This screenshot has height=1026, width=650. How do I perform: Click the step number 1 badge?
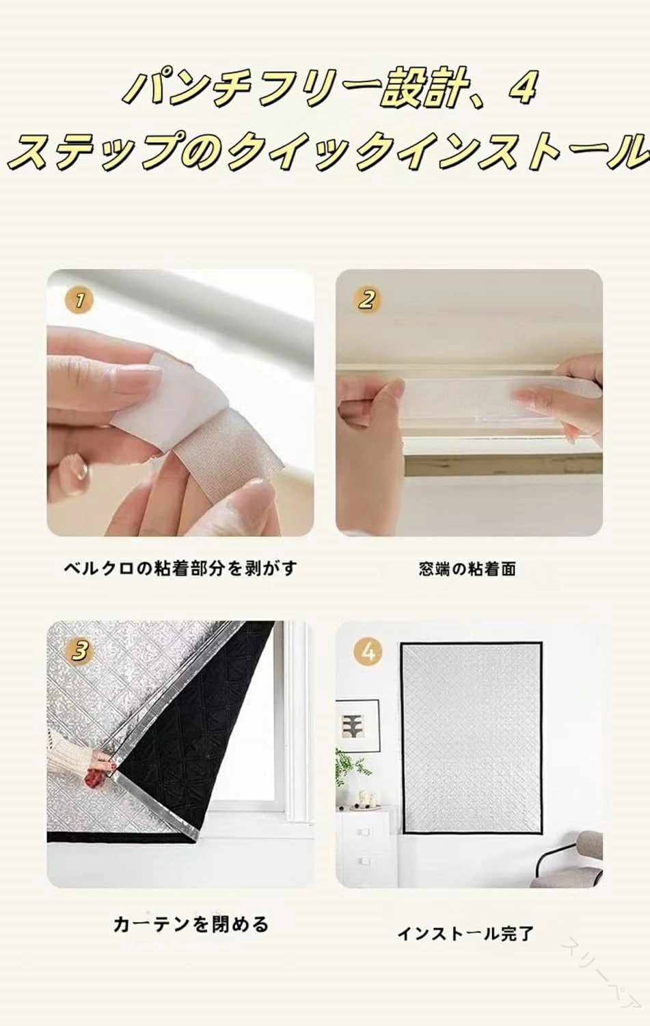pos(80,300)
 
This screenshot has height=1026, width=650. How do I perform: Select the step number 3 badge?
pos(80,651)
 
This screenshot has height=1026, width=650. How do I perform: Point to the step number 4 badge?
pos(368,651)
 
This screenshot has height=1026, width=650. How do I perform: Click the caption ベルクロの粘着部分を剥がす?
pos(180,569)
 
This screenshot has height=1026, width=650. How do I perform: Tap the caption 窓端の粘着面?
pos(468,569)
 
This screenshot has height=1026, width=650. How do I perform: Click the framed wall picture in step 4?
pos(357,725)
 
